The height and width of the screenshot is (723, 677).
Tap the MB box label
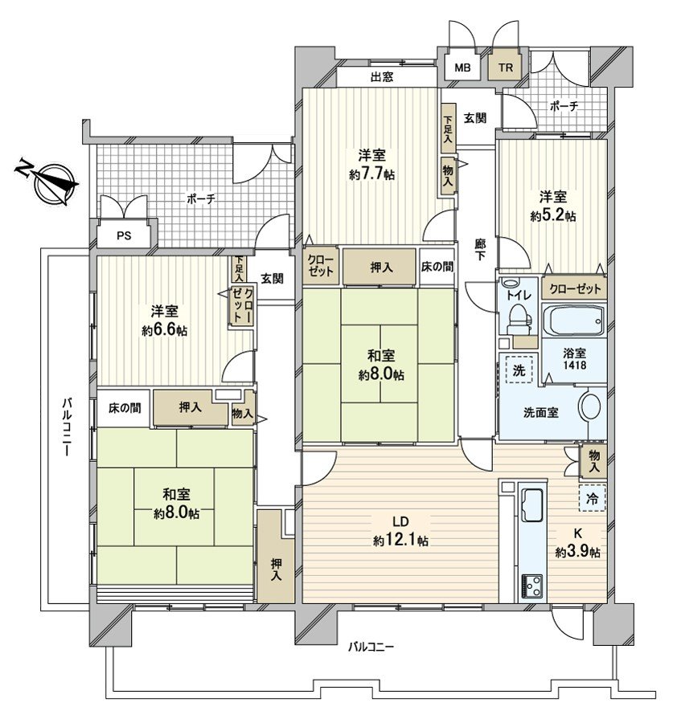[462, 67]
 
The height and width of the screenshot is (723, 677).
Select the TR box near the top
[504, 67]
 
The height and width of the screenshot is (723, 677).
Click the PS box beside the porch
[122, 236]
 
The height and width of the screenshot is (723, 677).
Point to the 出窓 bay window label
[382, 77]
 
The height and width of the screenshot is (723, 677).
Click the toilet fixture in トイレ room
[520, 321]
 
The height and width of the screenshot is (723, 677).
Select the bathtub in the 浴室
[572, 321]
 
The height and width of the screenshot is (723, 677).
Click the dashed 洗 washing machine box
[514, 372]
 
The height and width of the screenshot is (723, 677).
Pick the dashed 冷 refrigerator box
[591, 498]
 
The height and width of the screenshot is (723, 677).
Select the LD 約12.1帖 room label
[400, 533]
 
